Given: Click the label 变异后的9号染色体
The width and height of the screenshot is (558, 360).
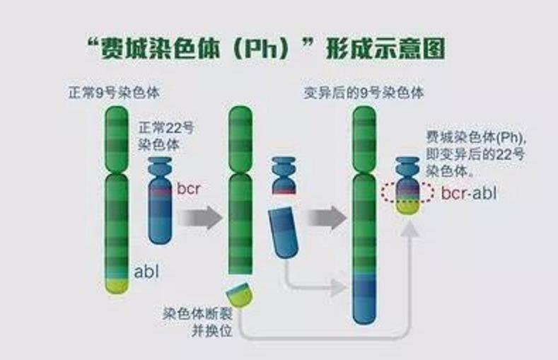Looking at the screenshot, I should [364, 93].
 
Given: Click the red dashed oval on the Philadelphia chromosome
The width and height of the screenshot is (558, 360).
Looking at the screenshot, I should [407, 192].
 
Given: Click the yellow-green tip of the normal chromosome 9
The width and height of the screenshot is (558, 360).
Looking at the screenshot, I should [117, 286].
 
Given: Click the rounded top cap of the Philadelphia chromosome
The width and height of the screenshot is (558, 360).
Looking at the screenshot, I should [407, 164].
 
